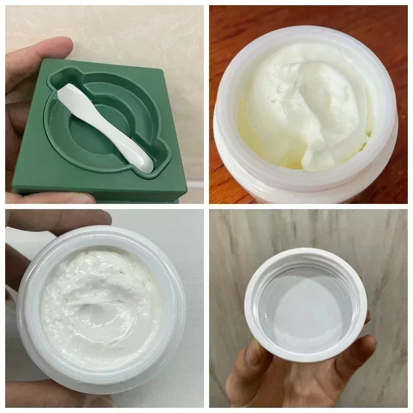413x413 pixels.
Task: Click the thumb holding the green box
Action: click(31, 67)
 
